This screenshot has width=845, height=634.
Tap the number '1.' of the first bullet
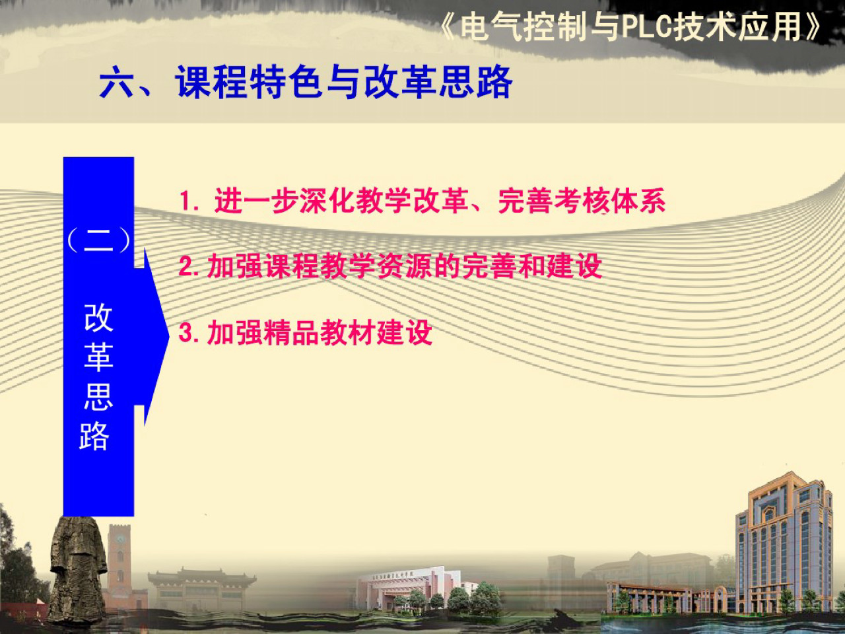(x=189, y=201)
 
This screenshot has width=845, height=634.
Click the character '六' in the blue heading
(x=117, y=84)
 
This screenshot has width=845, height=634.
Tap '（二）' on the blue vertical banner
(x=98, y=240)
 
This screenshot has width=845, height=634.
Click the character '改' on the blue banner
(x=98, y=318)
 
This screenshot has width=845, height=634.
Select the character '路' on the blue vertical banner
(x=94, y=436)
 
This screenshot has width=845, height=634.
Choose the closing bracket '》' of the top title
(x=813, y=28)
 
